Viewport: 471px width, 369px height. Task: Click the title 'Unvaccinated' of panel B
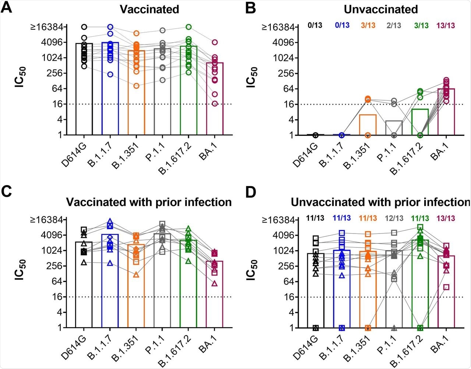(383, 9)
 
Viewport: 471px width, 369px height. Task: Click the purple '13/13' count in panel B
(446, 25)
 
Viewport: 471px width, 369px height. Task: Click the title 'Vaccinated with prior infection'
(149, 202)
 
